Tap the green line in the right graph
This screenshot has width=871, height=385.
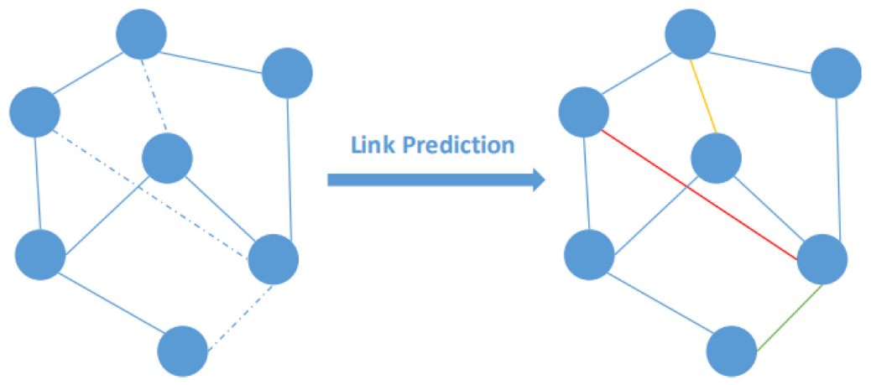pyautogui.click(x=789, y=317)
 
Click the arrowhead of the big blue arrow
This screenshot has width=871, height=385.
pyautogui.click(x=538, y=179)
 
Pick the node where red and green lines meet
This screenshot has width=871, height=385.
pyautogui.click(x=821, y=260)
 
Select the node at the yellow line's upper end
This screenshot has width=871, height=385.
pyautogui.click(x=690, y=34)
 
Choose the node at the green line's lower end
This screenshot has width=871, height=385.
pyautogui.click(x=732, y=351)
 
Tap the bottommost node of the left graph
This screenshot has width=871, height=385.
pyautogui.click(x=182, y=351)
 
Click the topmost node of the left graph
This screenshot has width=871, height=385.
pyautogui.click(x=141, y=34)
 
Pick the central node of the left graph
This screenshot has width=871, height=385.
pyautogui.click(x=168, y=157)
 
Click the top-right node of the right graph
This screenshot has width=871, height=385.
pyautogui.click(x=837, y=74)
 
